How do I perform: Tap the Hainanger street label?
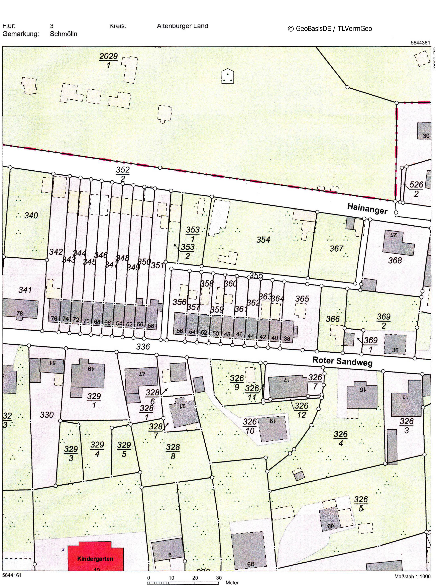click(x=367, y=208)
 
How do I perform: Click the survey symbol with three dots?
click(x=227, y=76)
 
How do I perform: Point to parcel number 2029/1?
click(x=109, y=60)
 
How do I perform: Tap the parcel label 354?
click(x=263, y=240)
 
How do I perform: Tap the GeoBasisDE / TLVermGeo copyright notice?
click(x=330, y=29)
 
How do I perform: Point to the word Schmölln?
click(x=64, y=34)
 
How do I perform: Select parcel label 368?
click(x=395, y=260)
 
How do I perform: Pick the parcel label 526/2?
click(x=416, y=189)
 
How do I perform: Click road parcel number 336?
click(x=143, y=346)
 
